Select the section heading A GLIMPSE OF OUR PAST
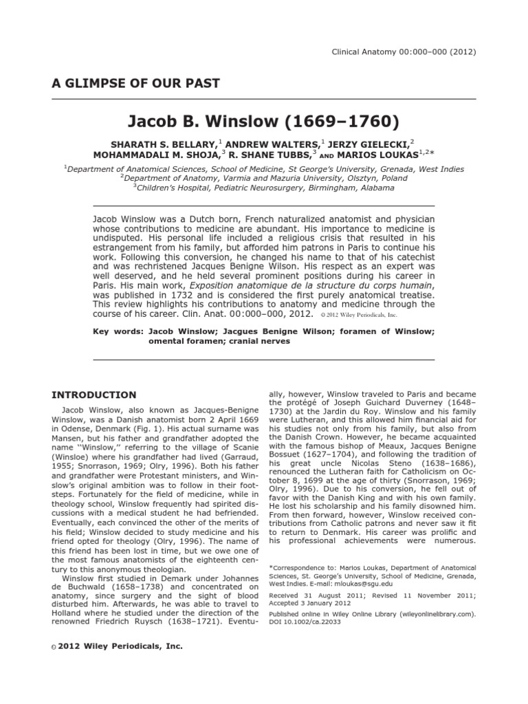click(x=136, y=84)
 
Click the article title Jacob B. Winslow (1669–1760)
click(x=263, y=123)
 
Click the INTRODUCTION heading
click(x=94, y=395)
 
